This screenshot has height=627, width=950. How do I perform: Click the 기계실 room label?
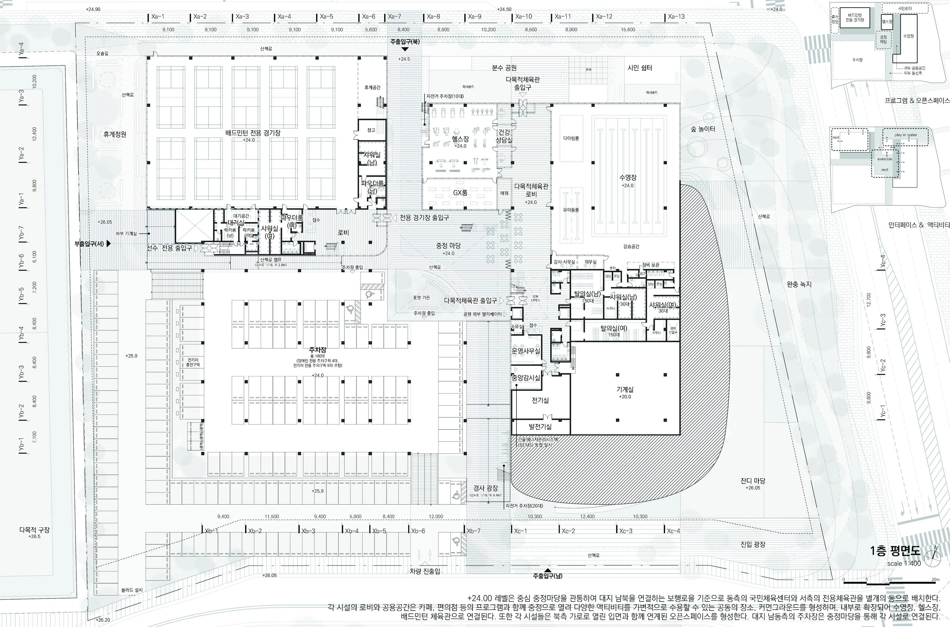pos(625,389)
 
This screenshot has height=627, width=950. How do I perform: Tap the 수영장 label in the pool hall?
pos(628,178)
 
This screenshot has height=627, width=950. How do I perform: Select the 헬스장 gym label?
pos(460,139)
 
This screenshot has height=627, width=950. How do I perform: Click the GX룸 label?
pos(460,193)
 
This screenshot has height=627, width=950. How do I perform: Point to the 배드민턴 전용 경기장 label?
pos(253,133)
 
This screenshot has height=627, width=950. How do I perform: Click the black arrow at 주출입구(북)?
pos(404,49)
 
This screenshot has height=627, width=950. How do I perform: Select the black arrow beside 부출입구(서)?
pos(108,243)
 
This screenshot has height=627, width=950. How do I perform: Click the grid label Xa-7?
pos(394,16)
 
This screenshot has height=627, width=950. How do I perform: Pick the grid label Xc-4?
pos(673,531)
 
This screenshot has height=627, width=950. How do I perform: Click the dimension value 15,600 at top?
pos(628,30)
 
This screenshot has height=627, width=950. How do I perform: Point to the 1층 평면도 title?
pos(895,551)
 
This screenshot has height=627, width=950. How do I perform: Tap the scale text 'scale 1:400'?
pos(904,564)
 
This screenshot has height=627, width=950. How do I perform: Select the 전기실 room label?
pos(540,400)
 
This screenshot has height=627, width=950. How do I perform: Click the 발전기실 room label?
pos(540,427)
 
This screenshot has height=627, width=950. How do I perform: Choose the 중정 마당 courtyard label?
pos(448,246)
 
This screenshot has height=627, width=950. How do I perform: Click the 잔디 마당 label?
pos(752,481)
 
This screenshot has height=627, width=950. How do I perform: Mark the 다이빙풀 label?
pos(571,138)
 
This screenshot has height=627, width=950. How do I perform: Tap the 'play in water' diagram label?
pos(906,135)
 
